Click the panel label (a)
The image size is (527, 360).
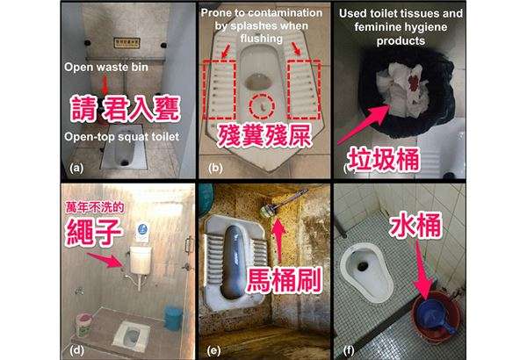[x=76, y=168]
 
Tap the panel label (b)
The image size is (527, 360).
[x=215, y=168]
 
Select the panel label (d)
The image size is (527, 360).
[x=77, y=350]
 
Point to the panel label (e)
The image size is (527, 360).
[x=213, y=351]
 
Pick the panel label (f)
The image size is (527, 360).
[x=349, y=350]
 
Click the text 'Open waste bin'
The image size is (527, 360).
[x=106, y=68]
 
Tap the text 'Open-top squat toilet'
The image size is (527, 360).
[x=122, y=137]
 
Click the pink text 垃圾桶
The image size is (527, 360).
[x=384, y=159]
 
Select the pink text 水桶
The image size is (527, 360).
[x=415, y=225]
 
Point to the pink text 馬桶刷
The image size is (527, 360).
[x=284, y=280]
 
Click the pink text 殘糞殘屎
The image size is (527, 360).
[x=263, y=135]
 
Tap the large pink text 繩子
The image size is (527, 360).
[x=94, y=233]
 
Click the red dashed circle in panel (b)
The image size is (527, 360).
[x=262, y=106]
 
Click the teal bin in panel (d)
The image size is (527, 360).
[x=173, y=318]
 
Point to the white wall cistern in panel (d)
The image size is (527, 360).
[x=141, y=260]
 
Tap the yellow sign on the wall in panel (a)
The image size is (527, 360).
[x=126, y=43]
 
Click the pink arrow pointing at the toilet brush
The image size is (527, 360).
[x=279, y=240]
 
